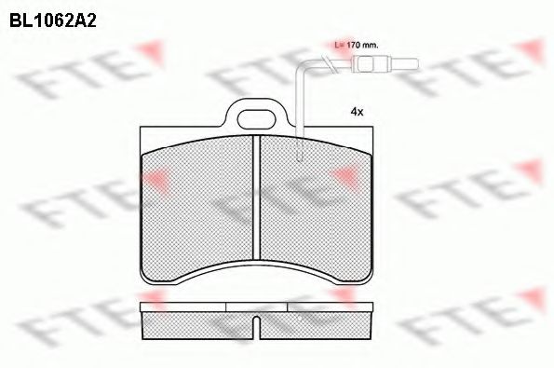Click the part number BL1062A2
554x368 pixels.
(53, 21)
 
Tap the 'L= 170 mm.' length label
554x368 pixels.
(357, 46)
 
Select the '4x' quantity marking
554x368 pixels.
(357, 112)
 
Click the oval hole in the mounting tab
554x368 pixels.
(256, 119)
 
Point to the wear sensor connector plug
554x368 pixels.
(387, 64)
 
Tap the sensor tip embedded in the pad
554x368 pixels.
(300, 153)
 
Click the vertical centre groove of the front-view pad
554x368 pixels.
(256, 197)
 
